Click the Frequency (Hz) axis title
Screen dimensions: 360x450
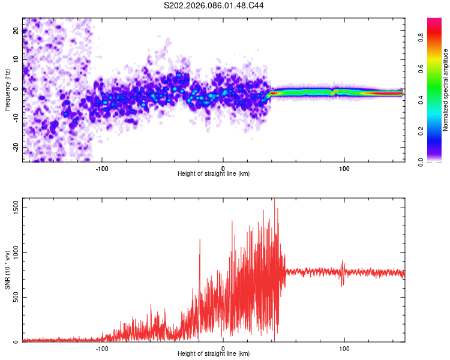(7, 90)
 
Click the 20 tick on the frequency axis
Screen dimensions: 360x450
(16, 31)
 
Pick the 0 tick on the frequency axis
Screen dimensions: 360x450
(16, 89)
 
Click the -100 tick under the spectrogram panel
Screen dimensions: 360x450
(102, 168)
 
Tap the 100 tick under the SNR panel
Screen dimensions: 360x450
(344, 348)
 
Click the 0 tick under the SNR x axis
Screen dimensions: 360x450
(223, 348)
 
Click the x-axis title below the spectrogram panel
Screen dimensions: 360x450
(214, 174)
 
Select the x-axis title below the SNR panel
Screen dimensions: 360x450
(214, 354)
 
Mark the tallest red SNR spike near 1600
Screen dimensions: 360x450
(275, 202)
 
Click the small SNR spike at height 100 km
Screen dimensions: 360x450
(343, 262)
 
